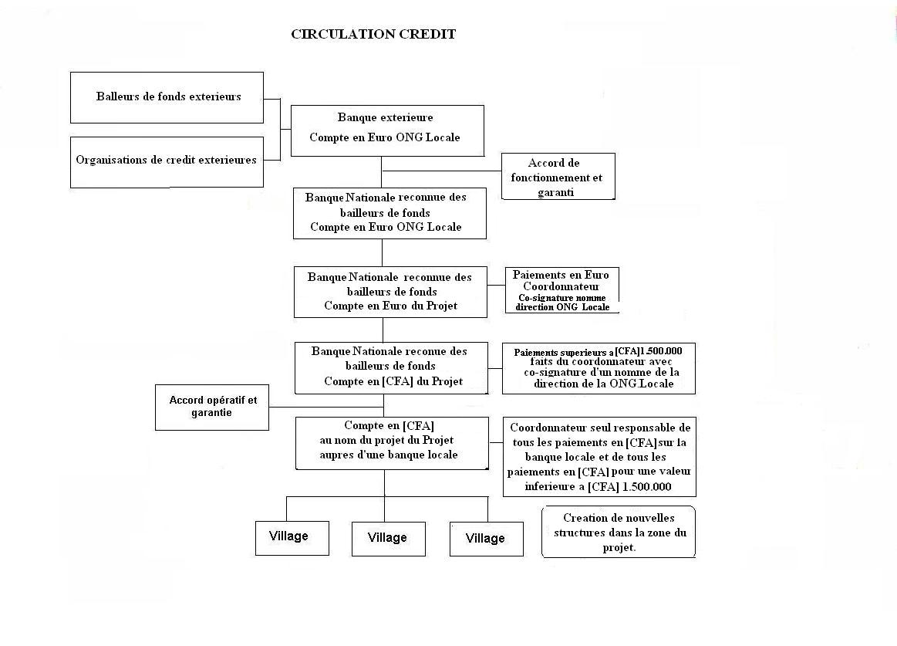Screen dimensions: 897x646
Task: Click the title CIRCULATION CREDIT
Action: (x=373, y=35)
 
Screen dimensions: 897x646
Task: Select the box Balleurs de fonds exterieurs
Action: (x=167, y=97)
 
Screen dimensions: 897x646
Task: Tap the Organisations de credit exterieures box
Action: (x=167, y=162)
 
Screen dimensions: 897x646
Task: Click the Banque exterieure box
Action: (x=387, y=130)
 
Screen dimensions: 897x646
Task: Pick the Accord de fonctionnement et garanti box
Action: (x=558, y=177)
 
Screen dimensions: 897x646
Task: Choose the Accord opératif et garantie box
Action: (x=212, y=408)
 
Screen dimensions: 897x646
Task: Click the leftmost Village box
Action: (x=292, y=539)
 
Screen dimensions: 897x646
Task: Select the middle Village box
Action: (x=389, y=539)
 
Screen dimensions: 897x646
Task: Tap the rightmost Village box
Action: (x=487, y=539)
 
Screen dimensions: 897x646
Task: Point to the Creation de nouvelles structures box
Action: (x=619, y=532)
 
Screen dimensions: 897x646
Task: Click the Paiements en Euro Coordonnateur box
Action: (x=562, y=289)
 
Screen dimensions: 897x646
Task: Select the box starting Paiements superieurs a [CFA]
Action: (x=599, y=368)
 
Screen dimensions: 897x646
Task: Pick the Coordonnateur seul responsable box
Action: (x=599, y=457)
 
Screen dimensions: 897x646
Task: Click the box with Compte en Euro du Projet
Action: (x=391, y=292)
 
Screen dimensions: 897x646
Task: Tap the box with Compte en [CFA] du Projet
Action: (x=391, y=368)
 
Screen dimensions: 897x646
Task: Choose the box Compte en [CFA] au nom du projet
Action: (x=393, y=443)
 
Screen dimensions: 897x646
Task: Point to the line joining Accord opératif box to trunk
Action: (x=326, y=408)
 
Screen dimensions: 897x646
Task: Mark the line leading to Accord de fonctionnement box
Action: (x=442, y=171)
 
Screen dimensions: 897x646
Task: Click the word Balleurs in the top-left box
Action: (x=118, y=96)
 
